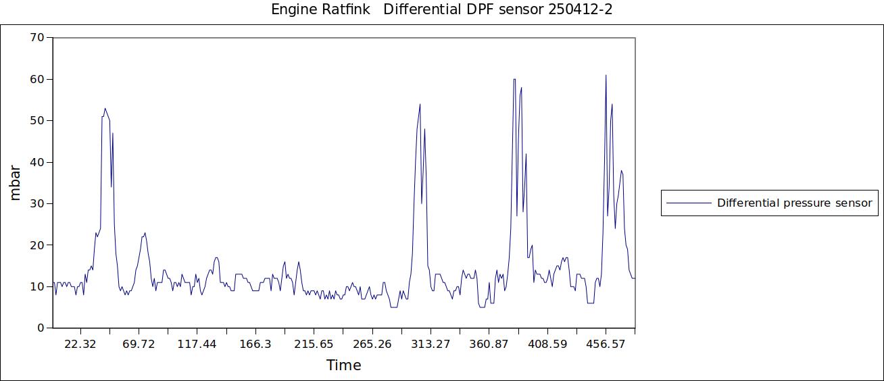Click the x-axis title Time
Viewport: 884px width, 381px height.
click(343, 365)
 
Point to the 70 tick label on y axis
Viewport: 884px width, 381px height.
click(36, 38)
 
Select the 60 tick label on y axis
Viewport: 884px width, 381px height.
click(36, 79)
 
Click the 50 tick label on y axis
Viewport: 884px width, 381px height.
click(36, 121)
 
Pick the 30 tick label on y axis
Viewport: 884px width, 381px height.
click(36, 203)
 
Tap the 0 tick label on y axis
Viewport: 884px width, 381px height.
click(40, 328)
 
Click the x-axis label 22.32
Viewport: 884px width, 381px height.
click(80, 345)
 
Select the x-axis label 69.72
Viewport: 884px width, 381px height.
click(139, 345)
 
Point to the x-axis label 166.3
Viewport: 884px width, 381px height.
click(255, 345)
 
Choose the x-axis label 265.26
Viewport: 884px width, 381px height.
click(372, 345)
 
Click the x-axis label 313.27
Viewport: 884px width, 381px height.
click(431, 345)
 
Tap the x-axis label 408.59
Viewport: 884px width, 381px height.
click(547, 345)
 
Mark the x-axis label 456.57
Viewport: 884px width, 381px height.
click(606, 345)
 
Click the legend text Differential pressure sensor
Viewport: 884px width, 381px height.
click(794, 203)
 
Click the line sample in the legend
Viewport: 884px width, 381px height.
click(689, 203)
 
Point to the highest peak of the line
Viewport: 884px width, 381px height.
click(606, 76)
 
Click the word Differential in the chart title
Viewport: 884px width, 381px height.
click(422, 9)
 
